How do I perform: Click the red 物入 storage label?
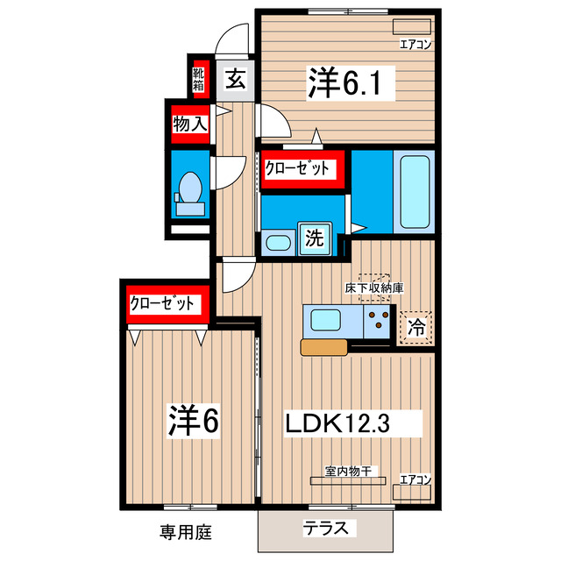pos(189,124)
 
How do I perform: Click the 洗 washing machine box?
pos(313,237)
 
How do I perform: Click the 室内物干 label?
pos(349,471)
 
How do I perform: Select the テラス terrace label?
pos(325,528)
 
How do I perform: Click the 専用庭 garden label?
pos(186,530)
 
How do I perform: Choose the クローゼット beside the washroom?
pos(300,167)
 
